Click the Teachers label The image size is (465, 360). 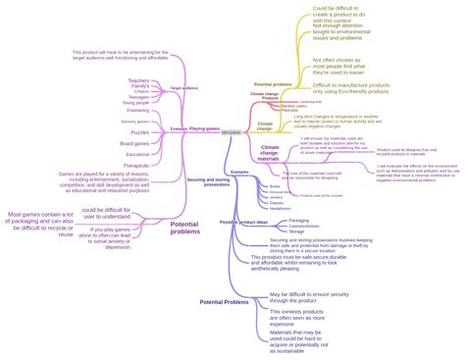pyautogui.click(x=138, y=80)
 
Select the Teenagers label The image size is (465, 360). pyautogui.click(x=138, y=97)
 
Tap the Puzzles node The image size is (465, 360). pyautogui.click(x=140, y=132)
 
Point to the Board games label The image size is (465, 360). pyautogui.click(x=135, y=144)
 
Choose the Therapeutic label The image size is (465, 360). pyautogui.click(x=137, y=166)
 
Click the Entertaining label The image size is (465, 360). pyautogui.click(x=137, y=110)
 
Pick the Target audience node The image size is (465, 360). pyautogui.click(x=183, y=88)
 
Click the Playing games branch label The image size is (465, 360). pyautogui.click(x=203, y=129)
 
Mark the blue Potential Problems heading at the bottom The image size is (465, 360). pyautogui.click(x=224, y=302)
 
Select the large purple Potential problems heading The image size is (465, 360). pyautogui.click(x=184, y=228)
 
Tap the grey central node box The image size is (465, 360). pyautogui.click(x=230, y=130)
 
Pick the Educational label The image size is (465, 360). pyautogui.click(x=137, y=154)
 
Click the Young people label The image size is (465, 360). pyautogui.click(x=136, y=103)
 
